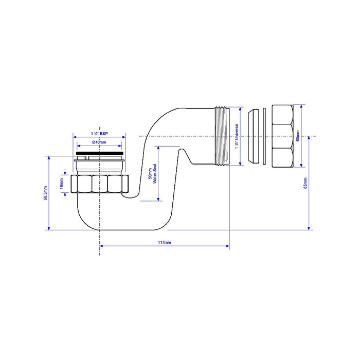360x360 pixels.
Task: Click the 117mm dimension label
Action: click(165, 242)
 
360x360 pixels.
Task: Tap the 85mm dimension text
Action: click(305, 183)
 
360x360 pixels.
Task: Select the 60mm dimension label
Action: click(298, 136)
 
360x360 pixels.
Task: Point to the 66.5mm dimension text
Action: click(45, 193)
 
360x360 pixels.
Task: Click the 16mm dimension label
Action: click(62, 184)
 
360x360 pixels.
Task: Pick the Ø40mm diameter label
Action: click(99, 142)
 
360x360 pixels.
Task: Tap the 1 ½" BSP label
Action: click(99, 134)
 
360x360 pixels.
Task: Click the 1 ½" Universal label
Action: click(237, 136)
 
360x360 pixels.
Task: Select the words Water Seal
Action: click(155, 174)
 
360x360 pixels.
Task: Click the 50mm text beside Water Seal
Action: click(150, 174)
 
